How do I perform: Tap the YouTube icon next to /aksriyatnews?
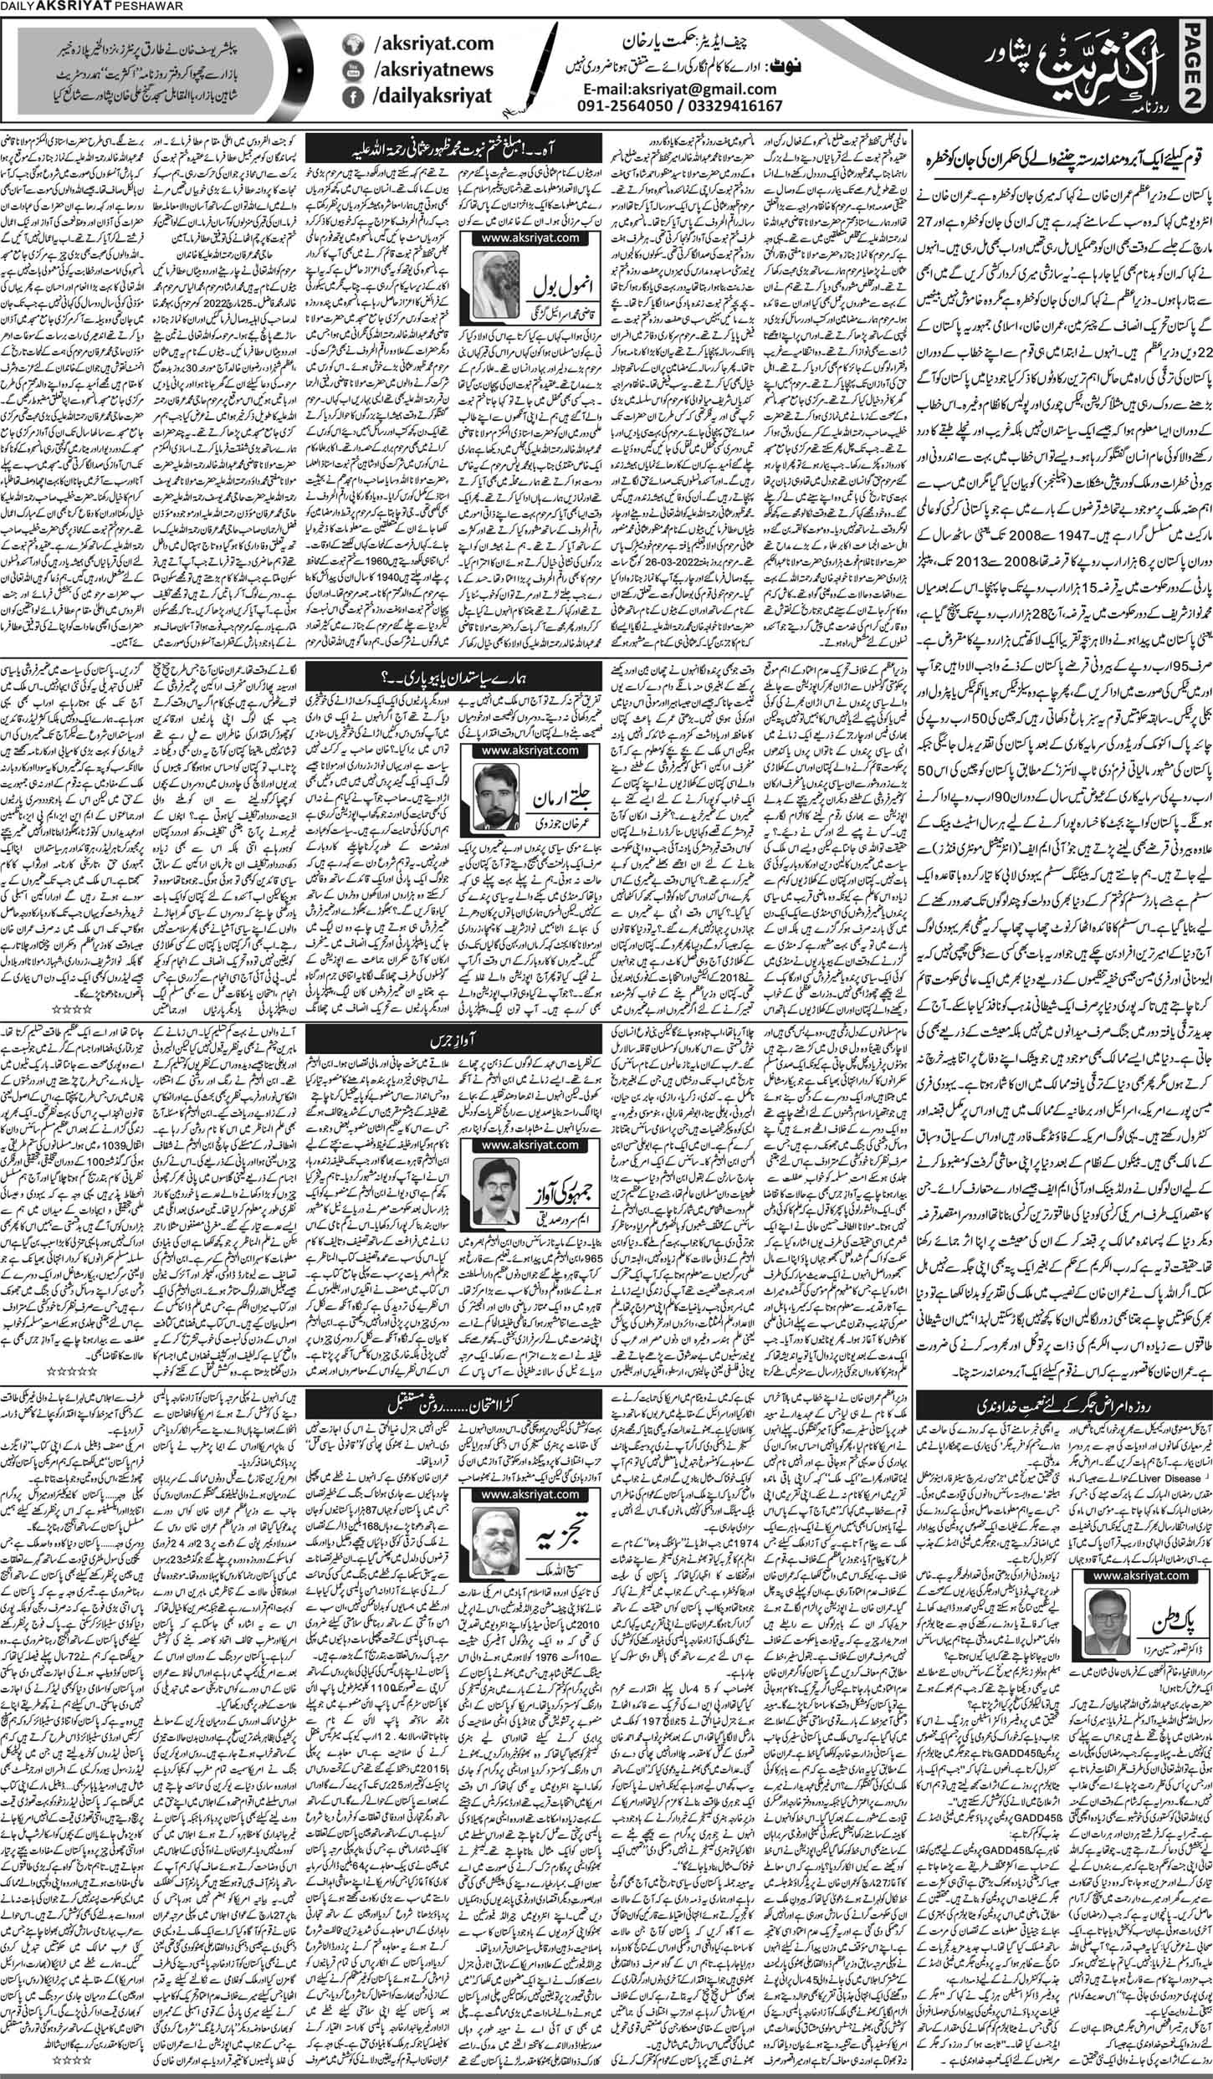click(355, 69)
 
